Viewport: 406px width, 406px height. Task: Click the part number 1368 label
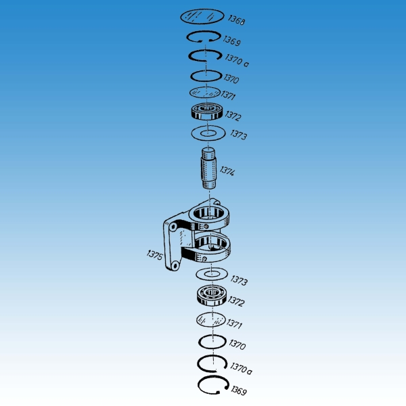coord(236,20)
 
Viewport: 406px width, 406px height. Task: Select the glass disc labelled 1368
coord(202,16)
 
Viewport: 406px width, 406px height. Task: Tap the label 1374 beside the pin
coord(227,171)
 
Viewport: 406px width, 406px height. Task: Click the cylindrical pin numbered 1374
coord(208,168)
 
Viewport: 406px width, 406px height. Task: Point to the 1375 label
coord(154,255)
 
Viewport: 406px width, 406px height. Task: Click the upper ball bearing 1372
coord(207,112)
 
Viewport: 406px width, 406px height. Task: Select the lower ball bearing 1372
coord(212,296)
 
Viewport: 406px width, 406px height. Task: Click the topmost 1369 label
coord(232,41)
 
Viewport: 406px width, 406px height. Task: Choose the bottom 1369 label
coord(239,390)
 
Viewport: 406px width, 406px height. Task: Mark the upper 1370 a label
coord(237,61)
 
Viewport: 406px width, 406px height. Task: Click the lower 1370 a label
coord(241,368)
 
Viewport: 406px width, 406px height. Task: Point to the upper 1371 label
coord(228,95)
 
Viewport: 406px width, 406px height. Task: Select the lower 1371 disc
coord(210,319)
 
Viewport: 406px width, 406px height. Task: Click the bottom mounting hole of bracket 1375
coord(175,265)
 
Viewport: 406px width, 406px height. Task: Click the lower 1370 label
coord(238,344)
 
